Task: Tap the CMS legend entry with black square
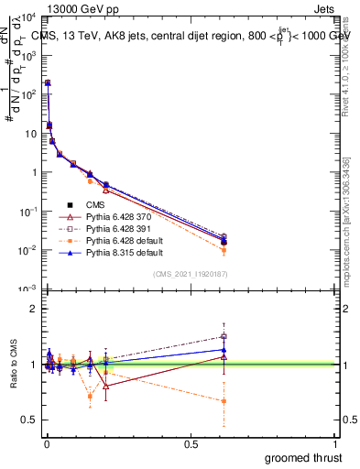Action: (x=96, y=204)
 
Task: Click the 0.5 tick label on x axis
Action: (x=190, y=444)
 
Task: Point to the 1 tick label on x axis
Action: (x=336, y=444)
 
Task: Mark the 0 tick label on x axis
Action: (x=46, y=444)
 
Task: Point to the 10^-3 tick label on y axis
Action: (x=27, y=289)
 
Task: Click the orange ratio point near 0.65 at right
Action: (x=224, y=401)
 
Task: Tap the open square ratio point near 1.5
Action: (x=224, y=336)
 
